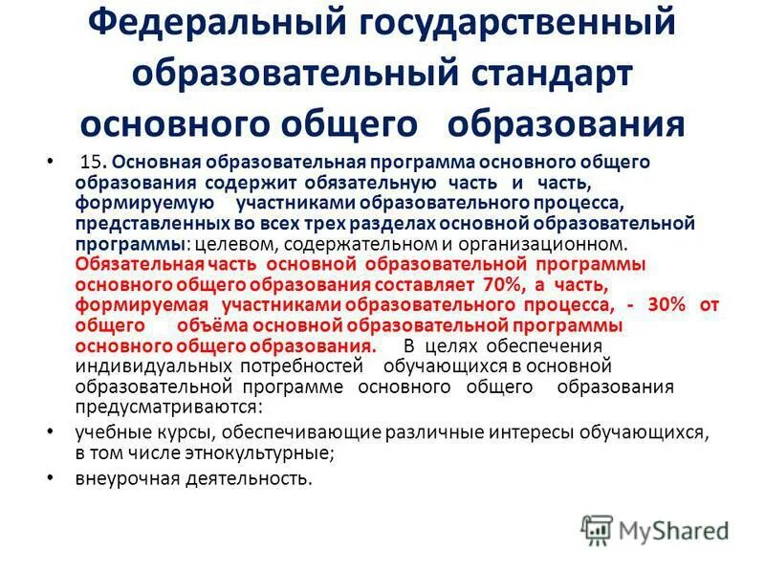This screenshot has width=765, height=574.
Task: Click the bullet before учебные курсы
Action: pos(51,432)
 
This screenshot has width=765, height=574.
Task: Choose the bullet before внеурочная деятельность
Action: pos(51,478)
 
